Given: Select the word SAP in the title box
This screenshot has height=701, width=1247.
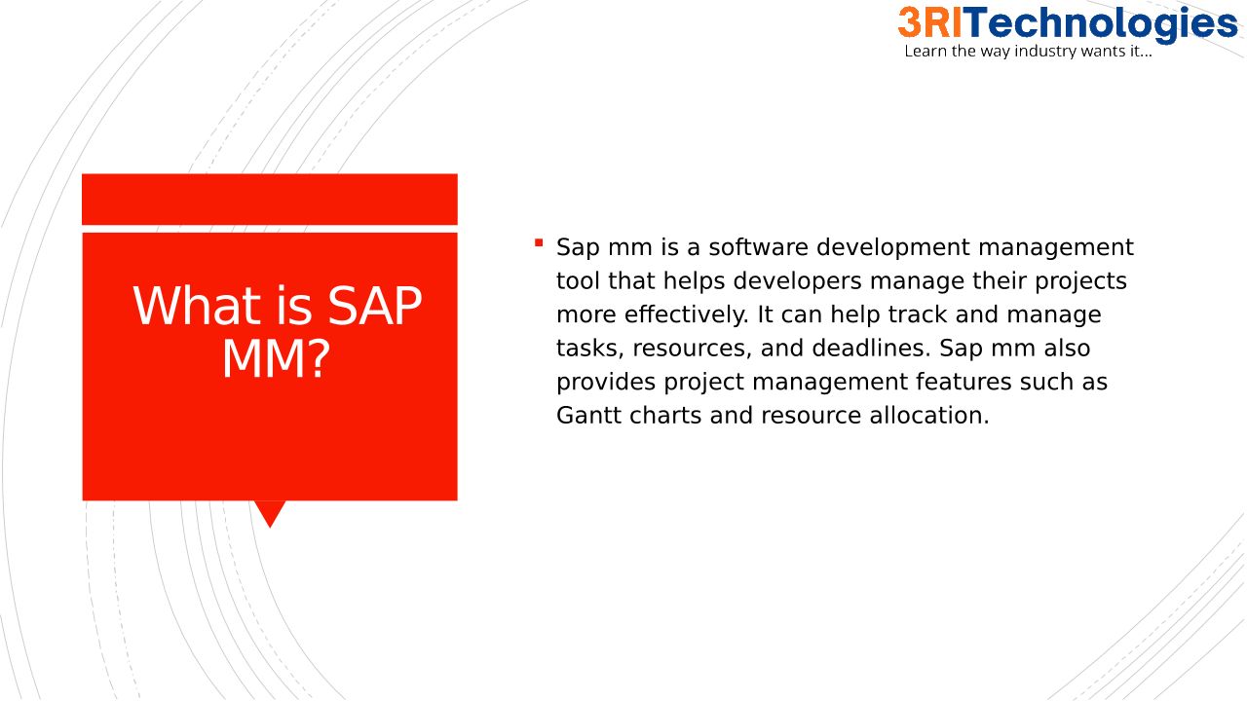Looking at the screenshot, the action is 375,306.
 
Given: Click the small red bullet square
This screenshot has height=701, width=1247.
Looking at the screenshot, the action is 539,242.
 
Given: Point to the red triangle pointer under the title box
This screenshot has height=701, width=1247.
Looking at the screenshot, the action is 270,510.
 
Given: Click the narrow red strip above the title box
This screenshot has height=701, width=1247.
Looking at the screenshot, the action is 270,200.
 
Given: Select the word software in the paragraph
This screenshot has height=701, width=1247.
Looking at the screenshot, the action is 758,247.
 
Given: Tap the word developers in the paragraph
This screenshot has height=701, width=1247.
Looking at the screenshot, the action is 797,282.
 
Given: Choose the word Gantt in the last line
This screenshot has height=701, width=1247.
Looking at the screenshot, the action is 588,416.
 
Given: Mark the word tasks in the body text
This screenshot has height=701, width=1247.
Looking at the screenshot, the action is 590,349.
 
